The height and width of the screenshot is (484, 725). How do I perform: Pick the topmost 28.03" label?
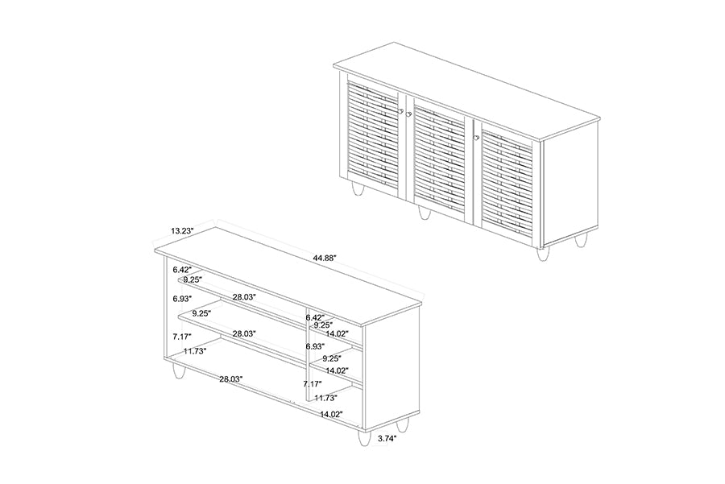pyautogui.click(x=244, y=297)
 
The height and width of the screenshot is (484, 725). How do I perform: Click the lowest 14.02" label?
pyautogui.click(x=331, y=414)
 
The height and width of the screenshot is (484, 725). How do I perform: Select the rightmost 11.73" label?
pyautogui.click(x=325, y=398)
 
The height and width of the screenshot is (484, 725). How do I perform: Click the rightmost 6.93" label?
pyautogui.click(x=315, y=346)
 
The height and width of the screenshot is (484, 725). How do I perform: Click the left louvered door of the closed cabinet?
pyautogui.click(x=372, y=137)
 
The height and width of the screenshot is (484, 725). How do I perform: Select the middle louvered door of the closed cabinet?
pyautogui.click(x=439, y=156)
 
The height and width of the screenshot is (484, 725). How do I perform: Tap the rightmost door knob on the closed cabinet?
pyautogui.click(x=476, y=139)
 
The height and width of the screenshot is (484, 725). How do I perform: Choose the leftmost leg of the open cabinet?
pyautogui.click(x=178, y=372)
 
